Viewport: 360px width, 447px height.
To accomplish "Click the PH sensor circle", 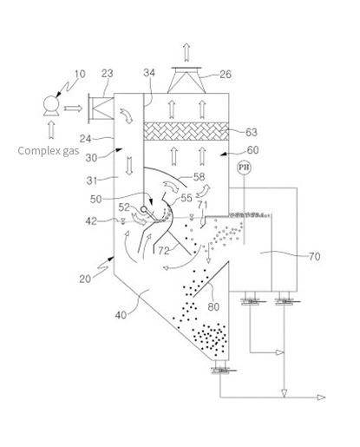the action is [x=244, y=168].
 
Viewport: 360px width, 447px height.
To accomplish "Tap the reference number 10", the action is [x=80, y=74].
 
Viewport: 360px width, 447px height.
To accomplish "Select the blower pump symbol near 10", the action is [x=51, y=106].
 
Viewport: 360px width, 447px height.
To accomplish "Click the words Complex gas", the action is [x=49, y=151].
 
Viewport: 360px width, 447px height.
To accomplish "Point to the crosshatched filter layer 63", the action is [x=187, y=131].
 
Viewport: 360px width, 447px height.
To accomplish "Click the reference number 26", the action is [x=226, y=75].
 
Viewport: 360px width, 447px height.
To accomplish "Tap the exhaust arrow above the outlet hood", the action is [x=187, y=52].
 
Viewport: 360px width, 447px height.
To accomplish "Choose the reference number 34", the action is [x=149, y=73].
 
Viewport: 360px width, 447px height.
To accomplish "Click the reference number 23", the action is [x=107, y=74].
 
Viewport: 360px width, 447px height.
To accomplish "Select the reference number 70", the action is [x=315, y=256].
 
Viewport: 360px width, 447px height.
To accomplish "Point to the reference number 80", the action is [x=213, y=306].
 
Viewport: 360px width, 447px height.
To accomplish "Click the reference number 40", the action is [x=121, y=315].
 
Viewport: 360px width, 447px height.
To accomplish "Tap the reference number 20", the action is [x=85, y=279].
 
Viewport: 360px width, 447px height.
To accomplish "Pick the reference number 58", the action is [x=199, y=177].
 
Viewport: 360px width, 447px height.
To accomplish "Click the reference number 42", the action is [x=91, y=221].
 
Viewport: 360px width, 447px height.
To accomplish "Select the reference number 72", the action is [x=164, y=251].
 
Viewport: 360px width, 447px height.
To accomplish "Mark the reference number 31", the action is [x=92, y=181].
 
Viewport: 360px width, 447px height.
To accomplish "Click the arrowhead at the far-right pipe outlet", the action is [x=322, y=398].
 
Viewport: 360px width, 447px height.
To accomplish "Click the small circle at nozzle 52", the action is [x=143, y=209].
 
